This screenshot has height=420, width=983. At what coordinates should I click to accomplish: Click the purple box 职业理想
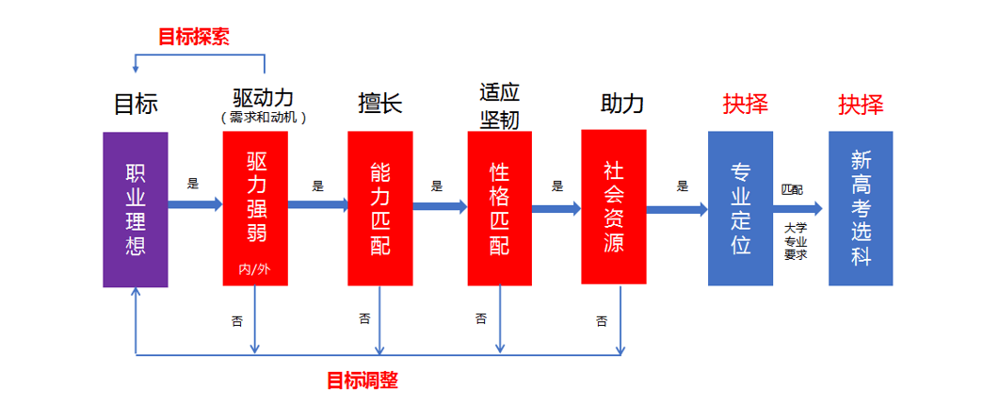pyautogui.click(x=136, y=208)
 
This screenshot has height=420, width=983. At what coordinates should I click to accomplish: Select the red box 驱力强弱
pyautogui.click(x=254, y=207)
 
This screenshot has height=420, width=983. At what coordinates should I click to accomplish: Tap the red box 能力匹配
pyautogui.click(x=379, y=208)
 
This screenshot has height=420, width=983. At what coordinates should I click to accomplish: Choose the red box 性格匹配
pyautogui.click(x=499, y=208)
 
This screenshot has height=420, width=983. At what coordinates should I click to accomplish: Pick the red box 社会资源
pyautogui.click(x=613, y=206)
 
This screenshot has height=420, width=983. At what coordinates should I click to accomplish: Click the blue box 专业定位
pyautogui.click(x=740, y=208)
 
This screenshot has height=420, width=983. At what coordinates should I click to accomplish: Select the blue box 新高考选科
pyautogui.click(x=861, y=208)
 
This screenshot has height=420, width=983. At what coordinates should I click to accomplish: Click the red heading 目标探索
pyautogui.click(x=194, y=37)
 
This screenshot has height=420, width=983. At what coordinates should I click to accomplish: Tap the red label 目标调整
pyautogui.click(x=363, y=380)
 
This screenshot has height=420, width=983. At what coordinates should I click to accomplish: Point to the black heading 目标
pyautogui.click(x=136, y=103)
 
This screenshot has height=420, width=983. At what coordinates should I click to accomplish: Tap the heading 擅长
pyautogui.click(x=380, y=103)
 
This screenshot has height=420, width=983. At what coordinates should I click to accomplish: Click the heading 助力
pyautogui.click(x=622, y=103)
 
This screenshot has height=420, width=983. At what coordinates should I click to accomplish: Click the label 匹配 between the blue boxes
pyautogui.click(x=792, y=189)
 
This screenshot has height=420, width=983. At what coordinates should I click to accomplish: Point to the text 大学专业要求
pyautogui.click(x=796, y=240)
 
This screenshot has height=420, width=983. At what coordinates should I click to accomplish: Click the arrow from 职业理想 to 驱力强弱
pyautogui.click(x=196, y=203)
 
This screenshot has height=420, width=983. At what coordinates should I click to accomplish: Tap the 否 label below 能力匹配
pyautogui.click(x=364, y=318)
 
